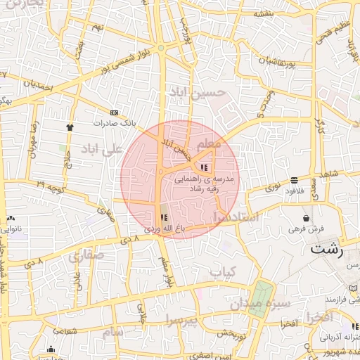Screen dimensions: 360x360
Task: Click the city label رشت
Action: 326,250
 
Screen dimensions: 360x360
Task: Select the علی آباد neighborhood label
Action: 103,148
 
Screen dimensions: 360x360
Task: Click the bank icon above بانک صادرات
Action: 115,112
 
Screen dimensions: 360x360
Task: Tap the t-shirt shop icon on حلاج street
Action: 70,127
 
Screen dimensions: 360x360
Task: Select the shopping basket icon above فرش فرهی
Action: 306,218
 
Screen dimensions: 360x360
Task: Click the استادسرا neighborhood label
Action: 235,218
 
